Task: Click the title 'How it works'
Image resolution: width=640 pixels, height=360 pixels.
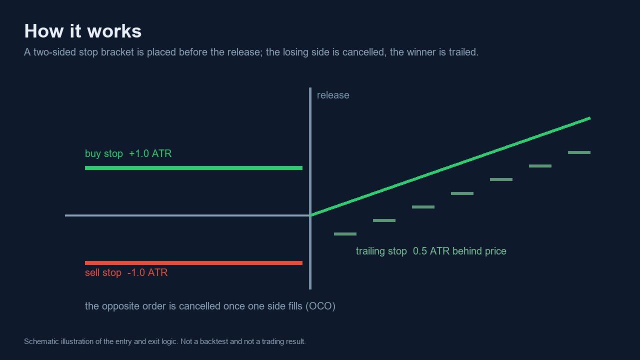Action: [83, 31]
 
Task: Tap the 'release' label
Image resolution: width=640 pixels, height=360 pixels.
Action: [333, 95]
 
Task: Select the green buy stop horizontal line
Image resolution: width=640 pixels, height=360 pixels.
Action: [193, 168]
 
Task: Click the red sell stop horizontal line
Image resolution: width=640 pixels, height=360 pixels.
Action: [193, 263]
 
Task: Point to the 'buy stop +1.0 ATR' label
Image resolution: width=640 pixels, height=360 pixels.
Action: [128, 153]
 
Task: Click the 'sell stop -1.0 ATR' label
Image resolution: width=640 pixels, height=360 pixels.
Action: [126, 272]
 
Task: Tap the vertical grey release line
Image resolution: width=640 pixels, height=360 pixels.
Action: [310, 188]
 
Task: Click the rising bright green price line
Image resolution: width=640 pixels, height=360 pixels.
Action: [450, 167]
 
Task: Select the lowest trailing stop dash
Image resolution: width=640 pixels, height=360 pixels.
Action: [345, 234]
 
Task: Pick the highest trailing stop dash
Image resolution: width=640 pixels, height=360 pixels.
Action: [579, 152]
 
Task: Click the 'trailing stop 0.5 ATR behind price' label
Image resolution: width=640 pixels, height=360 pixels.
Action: [431, 251]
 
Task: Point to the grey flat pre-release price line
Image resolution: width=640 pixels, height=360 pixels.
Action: [187, 215]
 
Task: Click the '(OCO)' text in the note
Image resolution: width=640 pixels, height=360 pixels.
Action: [320, 306]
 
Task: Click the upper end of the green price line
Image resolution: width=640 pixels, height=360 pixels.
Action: [590, 118]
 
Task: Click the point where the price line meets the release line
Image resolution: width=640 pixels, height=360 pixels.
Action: [310, 215]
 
